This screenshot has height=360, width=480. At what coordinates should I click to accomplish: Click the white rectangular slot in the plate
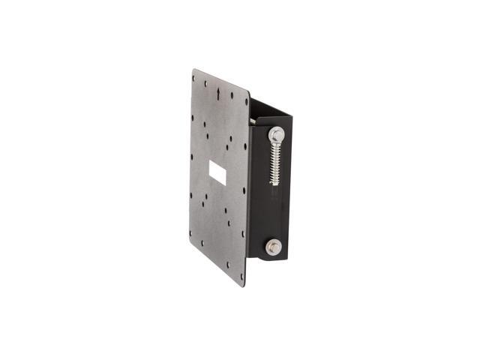[217, 173]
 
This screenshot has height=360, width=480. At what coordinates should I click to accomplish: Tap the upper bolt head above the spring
[276, 135]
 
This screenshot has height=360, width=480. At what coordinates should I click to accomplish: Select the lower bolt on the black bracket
[274, 246]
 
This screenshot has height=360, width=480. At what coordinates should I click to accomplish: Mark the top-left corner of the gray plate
[193, 70]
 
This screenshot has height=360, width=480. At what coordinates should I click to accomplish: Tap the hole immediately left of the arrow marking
[208, 92]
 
